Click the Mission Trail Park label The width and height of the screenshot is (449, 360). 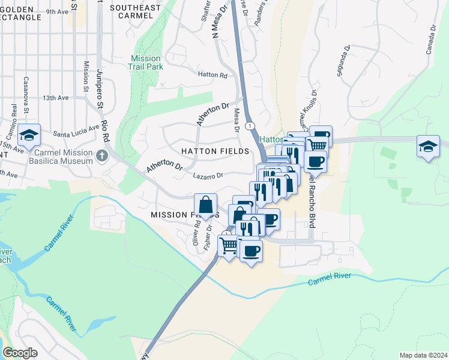145,62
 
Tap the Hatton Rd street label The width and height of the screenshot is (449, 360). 212,76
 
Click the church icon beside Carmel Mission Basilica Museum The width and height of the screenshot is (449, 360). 102,156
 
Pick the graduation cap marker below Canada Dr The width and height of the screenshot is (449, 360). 427,147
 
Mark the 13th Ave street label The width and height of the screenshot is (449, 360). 56,97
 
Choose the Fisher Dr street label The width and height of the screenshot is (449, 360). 208,238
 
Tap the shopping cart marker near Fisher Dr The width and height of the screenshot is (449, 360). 229,245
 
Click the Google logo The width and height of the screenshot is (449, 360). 20,353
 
